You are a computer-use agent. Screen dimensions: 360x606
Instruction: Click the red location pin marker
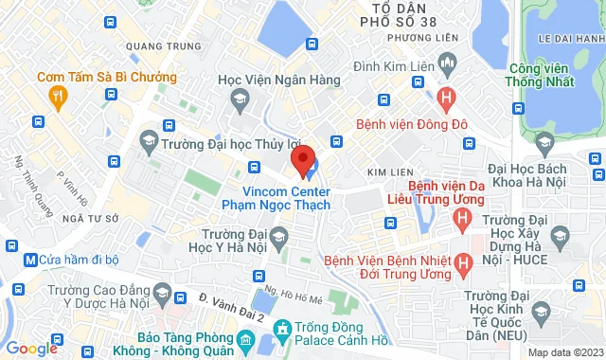(302, 159)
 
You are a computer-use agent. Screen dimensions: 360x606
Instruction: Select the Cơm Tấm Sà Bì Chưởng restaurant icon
(58, 95)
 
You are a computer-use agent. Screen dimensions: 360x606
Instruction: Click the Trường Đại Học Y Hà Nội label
(237, 243)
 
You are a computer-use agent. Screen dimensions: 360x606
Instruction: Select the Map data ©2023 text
(563, 352)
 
